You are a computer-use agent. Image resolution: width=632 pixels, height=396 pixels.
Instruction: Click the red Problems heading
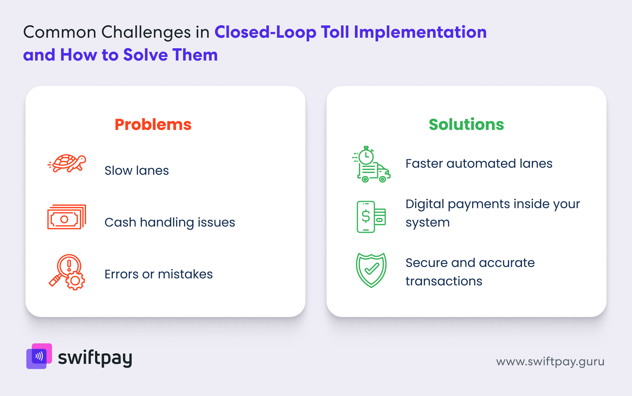tap(153, 124)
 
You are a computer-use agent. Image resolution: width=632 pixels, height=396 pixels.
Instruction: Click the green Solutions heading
tap(466, 124)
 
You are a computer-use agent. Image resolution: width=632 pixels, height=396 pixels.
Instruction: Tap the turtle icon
tap(67, 163)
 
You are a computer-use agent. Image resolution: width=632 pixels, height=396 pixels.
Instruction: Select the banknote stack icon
tap(67, 217)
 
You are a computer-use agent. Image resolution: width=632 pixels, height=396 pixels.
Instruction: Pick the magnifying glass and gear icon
tap(67, 272)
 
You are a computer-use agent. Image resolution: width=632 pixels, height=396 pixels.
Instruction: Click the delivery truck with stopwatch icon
tap(371, 164)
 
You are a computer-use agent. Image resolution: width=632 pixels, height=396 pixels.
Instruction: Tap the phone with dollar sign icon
tap(371, 217)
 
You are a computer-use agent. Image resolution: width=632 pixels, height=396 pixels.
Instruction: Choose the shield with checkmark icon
tap(371, 270)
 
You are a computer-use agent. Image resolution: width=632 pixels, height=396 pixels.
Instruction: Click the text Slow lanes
tap(137, 170)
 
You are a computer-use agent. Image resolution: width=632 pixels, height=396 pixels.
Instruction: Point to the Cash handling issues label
tap(169, 222)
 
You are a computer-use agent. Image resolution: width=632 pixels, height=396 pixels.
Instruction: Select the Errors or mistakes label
tap(158, 274)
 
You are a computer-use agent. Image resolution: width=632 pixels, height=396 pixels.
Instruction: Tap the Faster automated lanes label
tap(479, 163)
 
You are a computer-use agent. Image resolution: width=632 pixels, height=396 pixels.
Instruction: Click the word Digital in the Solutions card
tap(425, 204)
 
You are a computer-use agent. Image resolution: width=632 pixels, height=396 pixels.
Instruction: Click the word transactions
tap(444, 281)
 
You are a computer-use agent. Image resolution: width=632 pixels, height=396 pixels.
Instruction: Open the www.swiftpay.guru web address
tap(550, 362)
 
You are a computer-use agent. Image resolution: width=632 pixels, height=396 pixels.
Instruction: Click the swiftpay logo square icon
tap(39, 356)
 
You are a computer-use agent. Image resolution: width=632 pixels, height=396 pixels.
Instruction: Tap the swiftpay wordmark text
tap(95, 358)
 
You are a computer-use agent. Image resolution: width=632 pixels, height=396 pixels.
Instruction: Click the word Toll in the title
tap(335, 32)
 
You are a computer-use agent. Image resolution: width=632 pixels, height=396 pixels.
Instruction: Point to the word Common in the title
tap(60, 32)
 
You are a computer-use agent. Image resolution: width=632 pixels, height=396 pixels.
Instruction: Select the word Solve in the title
tap(145, 55)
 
